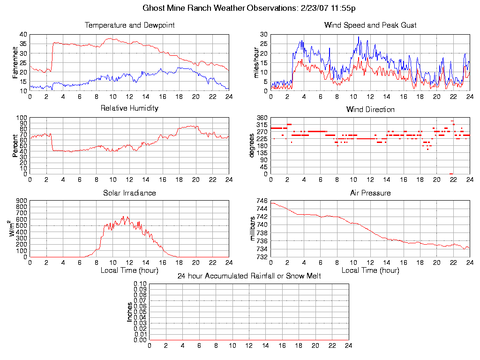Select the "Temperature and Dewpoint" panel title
(129, 25)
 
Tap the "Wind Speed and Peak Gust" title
(370, 25)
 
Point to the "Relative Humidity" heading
(129, 108)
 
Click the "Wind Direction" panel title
(370, 110)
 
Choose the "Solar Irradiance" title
(129, 193)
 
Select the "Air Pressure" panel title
(370, 193)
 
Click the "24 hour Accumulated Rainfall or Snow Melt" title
(249, 276)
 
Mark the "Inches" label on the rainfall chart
(130, 312)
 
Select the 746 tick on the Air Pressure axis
(262, 201)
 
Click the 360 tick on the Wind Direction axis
(262, 118)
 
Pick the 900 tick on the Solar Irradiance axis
(22, 201)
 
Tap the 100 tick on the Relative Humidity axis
(22, 118)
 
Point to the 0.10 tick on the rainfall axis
(140, 284)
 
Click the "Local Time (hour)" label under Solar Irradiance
(129, 270)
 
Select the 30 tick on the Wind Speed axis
(263, 35)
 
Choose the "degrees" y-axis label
(252, 146)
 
